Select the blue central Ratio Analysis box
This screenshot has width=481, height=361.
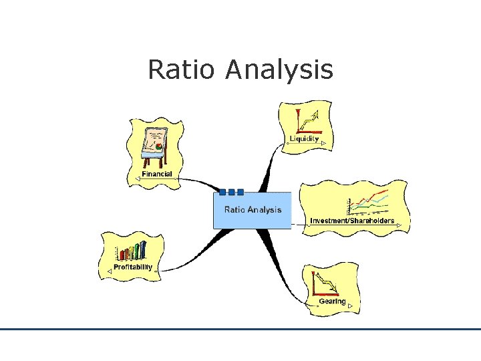point(253,211)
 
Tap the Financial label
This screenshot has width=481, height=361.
point(156,174)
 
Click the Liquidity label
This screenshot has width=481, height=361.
point(304,139)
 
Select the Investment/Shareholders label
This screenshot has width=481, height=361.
point(352,221)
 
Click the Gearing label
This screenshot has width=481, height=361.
point(332,301)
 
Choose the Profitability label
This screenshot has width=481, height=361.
point(133,267)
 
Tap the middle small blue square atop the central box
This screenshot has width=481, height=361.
point(231,192)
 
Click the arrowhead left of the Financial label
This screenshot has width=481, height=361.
point(136,176)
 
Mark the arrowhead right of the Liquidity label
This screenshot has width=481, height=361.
point(323,143)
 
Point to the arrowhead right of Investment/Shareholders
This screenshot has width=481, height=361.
point(399,225)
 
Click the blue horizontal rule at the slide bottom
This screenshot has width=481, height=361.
point(240,329)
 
